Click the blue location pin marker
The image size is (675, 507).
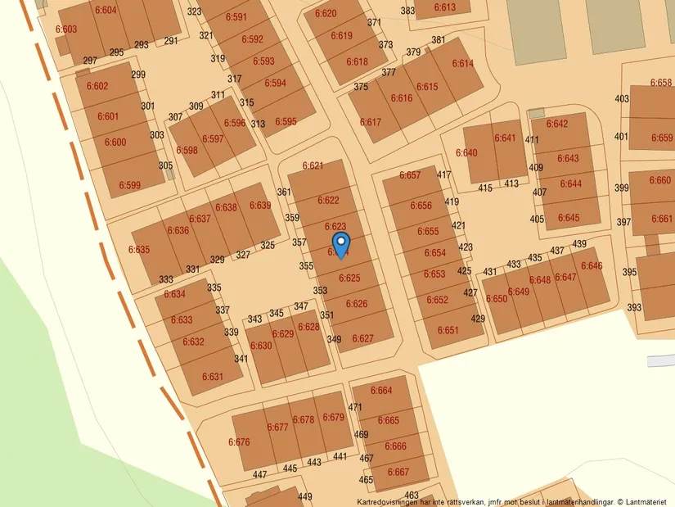pyautogui.click(x=341, y=243)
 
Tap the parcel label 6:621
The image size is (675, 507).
pyautogui.click(x=313, y=165)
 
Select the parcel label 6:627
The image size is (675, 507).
pyautogui.click(x=362, y=338)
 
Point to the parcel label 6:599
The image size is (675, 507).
pyautogui.click(x=129, y=185)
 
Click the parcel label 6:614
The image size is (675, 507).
pyautogui.click(x=462, y=63)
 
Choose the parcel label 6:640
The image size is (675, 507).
pyautogui.click(x=466, y=153)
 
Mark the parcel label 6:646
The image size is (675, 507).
pyautogui.click(x=591, y=265)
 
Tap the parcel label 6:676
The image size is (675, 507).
pyautogui.click(x=239, y=442)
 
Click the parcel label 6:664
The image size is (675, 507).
pyautogui.click(x=381, y=390)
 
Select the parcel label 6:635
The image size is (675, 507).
pyautogui.click(x=139, y=249)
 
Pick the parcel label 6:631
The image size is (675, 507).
pyautogui.click(x=212, y=377)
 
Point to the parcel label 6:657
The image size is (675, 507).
pyautogui.click(x=409, y=175)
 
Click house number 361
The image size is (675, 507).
pyautogui.click(x=284, y=192)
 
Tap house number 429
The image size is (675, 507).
pyautogui.click(x=478, y=319)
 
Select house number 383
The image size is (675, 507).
pyautogui.click(x=407, y=11)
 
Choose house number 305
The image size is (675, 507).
pyautogui.click(x=165, y=165)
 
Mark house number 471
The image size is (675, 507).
pyautogui.click(x=354, y=407)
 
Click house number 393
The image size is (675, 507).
pyautogui.click(x=633, y=308)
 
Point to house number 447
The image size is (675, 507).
pyautogui.click(x=260, y=475)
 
